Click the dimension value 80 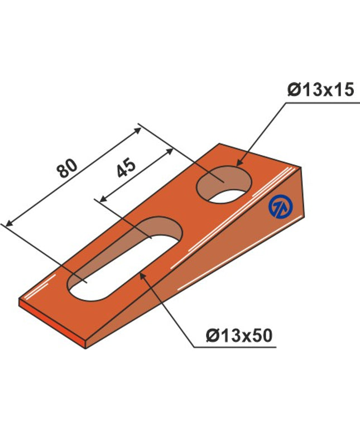pyautogui.click(x=67, y=168)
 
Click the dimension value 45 pyautogui.click(x=126, y=168)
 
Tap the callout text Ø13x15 pyautogui.click(x=320, y=90)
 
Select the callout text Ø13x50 pyautogui.click(x=239, y=335)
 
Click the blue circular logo pyautogui.click(x=281, y=207)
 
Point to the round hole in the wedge pyautogui.click(x=224, y=185)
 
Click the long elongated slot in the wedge pyautogui.click(x=126, y=259)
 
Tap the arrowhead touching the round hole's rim pyautogui.click(x=239, y=162)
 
